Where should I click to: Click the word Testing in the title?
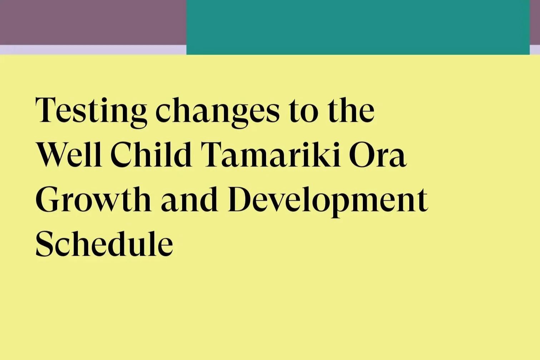tap(91, 111)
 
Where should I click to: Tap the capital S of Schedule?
tap(44, 244)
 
